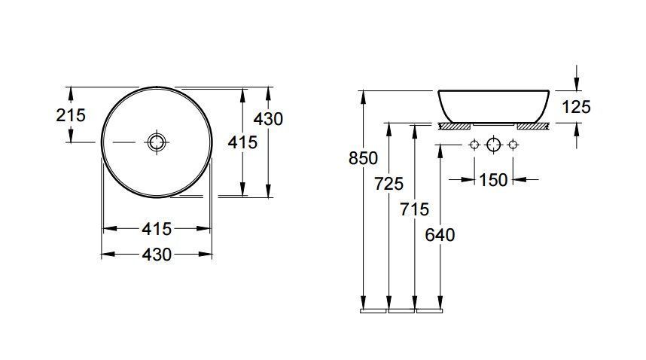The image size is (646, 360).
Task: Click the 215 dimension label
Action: tap(71, 115)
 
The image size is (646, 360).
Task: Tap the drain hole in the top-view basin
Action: tap(157, 142)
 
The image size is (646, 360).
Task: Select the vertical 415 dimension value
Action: tap(242, 142)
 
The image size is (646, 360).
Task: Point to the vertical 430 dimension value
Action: tap(268, 119)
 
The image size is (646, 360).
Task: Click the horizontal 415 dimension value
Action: tap(157, 229)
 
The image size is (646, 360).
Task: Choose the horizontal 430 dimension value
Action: tap(157, 255)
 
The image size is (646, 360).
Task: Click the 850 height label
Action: tap(363, 158)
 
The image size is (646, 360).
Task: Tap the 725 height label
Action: tap(389, 184)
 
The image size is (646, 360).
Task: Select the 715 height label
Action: tap(414, 209)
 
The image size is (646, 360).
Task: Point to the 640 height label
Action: tap(440, 235)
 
